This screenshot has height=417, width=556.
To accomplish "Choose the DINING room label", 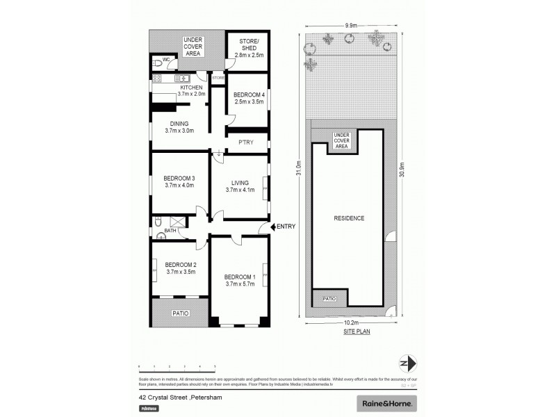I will (x=179, y=126).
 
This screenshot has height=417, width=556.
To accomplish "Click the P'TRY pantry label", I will (x=245, y=142).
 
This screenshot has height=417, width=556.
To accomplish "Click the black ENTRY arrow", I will (x=272, y=227).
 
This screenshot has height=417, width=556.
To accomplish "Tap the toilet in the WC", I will (x=158, y=63).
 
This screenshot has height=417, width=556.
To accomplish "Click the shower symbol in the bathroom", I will (x=177, y=223).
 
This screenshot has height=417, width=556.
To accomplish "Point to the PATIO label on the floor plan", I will (x=179, y=313).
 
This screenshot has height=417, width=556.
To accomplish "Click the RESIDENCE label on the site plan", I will (x=349, y=218).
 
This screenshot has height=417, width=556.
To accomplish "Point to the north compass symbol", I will (x=409, y=363).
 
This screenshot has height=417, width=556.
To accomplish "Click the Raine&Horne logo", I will (x=386, y=402).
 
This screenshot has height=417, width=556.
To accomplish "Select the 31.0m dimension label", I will (x=300, y=169).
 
